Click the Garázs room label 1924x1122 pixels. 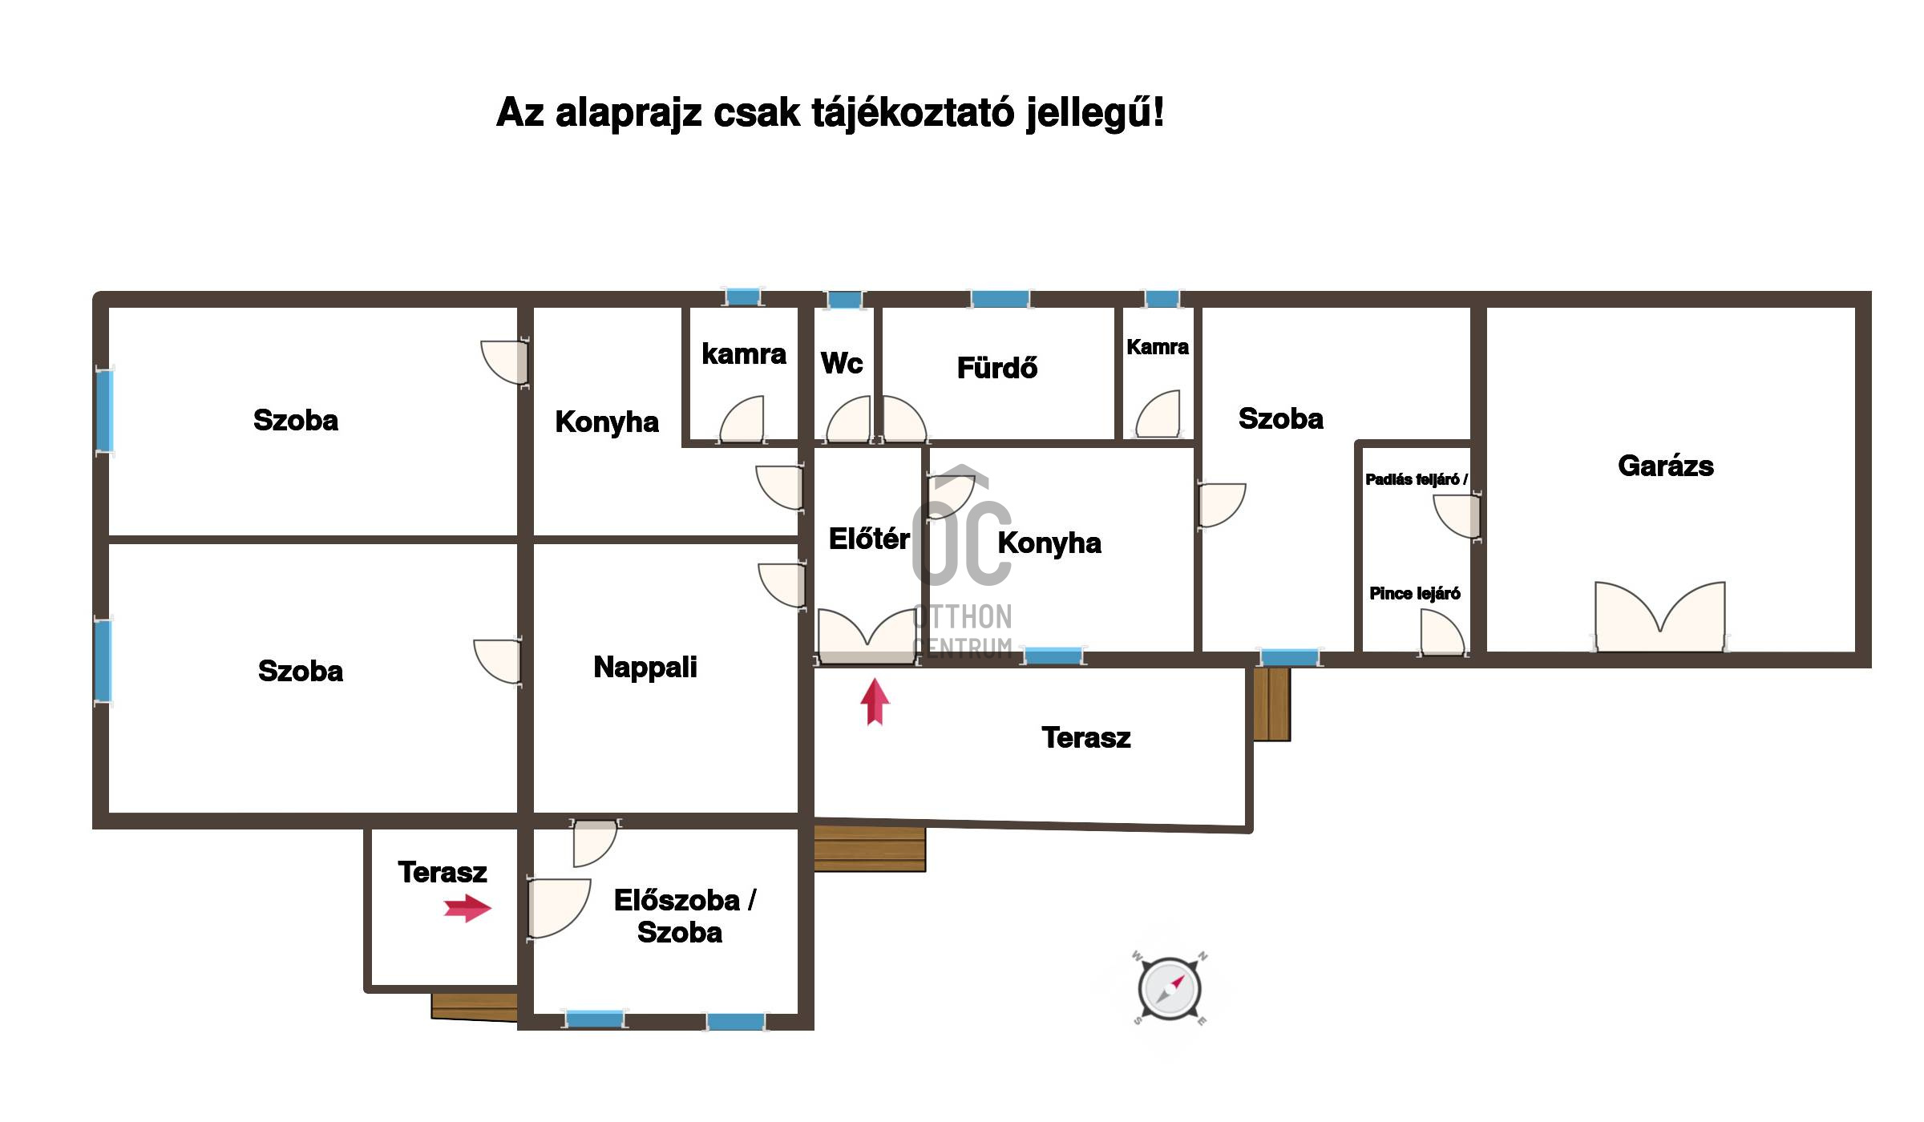(x=1666, y=466)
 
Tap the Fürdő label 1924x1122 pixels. (x=997, y=368)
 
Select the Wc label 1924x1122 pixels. (x=842, y=363)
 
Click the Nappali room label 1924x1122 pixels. (x=645, y=668)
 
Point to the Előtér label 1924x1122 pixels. (x=870, y=539)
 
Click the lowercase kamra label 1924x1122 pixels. (x=744, y=353)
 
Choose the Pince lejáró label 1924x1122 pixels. (x=1415, y=594)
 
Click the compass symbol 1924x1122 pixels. (x=1170, y=989)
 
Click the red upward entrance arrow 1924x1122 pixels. (x=875, y=702)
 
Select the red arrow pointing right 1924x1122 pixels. (x=468, y=909)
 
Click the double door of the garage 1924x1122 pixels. (x=1659, y=616)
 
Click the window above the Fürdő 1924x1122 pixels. (x=1000, y=299)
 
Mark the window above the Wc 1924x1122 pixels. (x=844, y=300)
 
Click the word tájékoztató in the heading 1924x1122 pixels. (x=913, y=114)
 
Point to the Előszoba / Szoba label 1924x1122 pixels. (x=684, y=916)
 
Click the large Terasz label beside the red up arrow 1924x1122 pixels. (x=1086, y=737)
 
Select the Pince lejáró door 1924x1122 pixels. (x=1442, y=632)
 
